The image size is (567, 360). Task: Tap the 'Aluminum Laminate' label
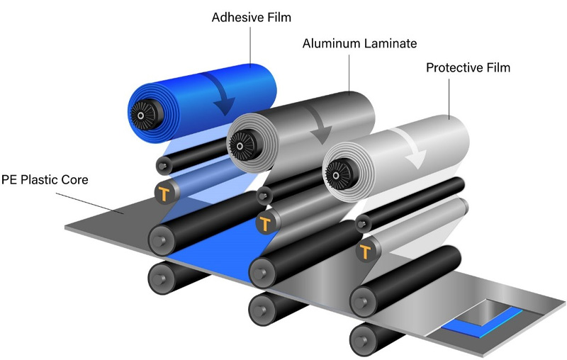pos(351,43)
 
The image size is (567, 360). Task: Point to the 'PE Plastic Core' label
pos(45,180)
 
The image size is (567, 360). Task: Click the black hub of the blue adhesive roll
pos(145,111)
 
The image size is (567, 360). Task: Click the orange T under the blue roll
pos(166,193)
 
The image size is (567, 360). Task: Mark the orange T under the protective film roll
pos(366,251)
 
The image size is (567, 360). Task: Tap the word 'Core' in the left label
pos(75,180)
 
